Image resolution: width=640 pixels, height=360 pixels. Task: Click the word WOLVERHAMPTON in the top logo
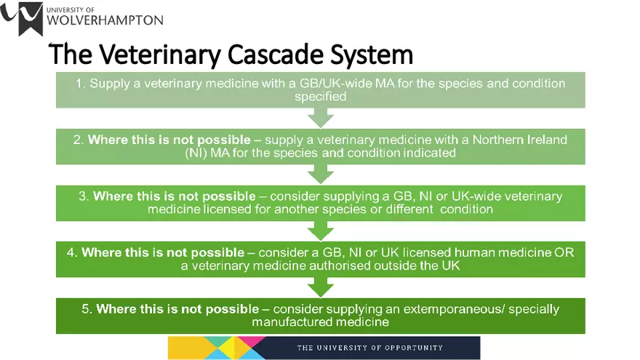104,20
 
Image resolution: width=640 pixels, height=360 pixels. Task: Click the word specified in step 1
320,96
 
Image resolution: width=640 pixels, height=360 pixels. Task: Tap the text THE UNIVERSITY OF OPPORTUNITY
369,348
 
